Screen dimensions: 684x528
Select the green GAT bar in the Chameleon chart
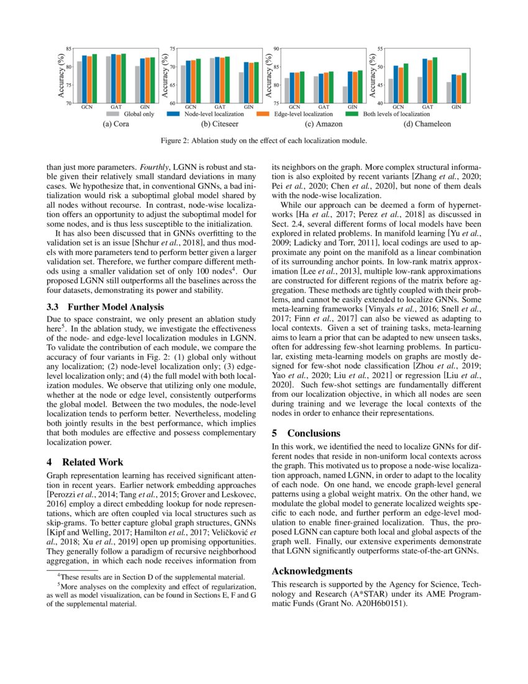tap(435, 80)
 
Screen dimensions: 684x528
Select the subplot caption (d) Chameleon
tap(427, 124)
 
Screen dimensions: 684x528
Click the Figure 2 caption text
tap(263, 141)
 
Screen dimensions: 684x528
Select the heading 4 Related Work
tap(85, 462)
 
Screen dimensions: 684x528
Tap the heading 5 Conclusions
tap(306, 433)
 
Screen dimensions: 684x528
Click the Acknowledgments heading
tap(312, 571)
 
